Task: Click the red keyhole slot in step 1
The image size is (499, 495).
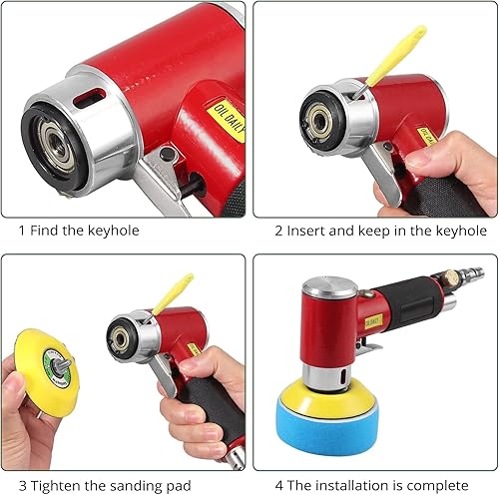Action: coord(90,98)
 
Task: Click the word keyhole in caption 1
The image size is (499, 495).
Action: coord(114,231)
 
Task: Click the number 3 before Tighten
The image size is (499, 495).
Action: coord(22,485)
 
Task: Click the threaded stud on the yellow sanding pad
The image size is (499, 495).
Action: coord(64,364)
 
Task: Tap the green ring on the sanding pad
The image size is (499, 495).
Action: coord(58,368)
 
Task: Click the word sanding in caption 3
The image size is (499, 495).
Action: coord(133,486)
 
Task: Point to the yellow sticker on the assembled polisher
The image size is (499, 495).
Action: coord(373,321)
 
